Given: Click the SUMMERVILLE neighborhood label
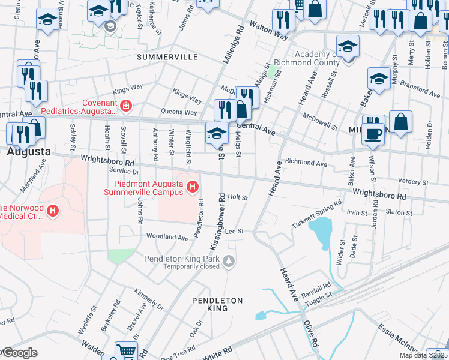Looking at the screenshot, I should coord(167,57).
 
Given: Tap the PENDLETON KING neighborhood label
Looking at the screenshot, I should coord(217,304).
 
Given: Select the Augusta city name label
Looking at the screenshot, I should coord(28,152).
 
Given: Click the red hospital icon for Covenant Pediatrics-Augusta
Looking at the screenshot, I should coord(125,107).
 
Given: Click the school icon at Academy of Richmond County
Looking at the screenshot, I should coord(347,46).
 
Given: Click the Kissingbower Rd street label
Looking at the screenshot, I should coord(217,221).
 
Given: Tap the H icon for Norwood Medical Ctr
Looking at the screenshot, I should coord(53,211).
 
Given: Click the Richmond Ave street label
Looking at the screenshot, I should coord(306,162).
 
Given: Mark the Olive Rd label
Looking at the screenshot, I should coord(312,333).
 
